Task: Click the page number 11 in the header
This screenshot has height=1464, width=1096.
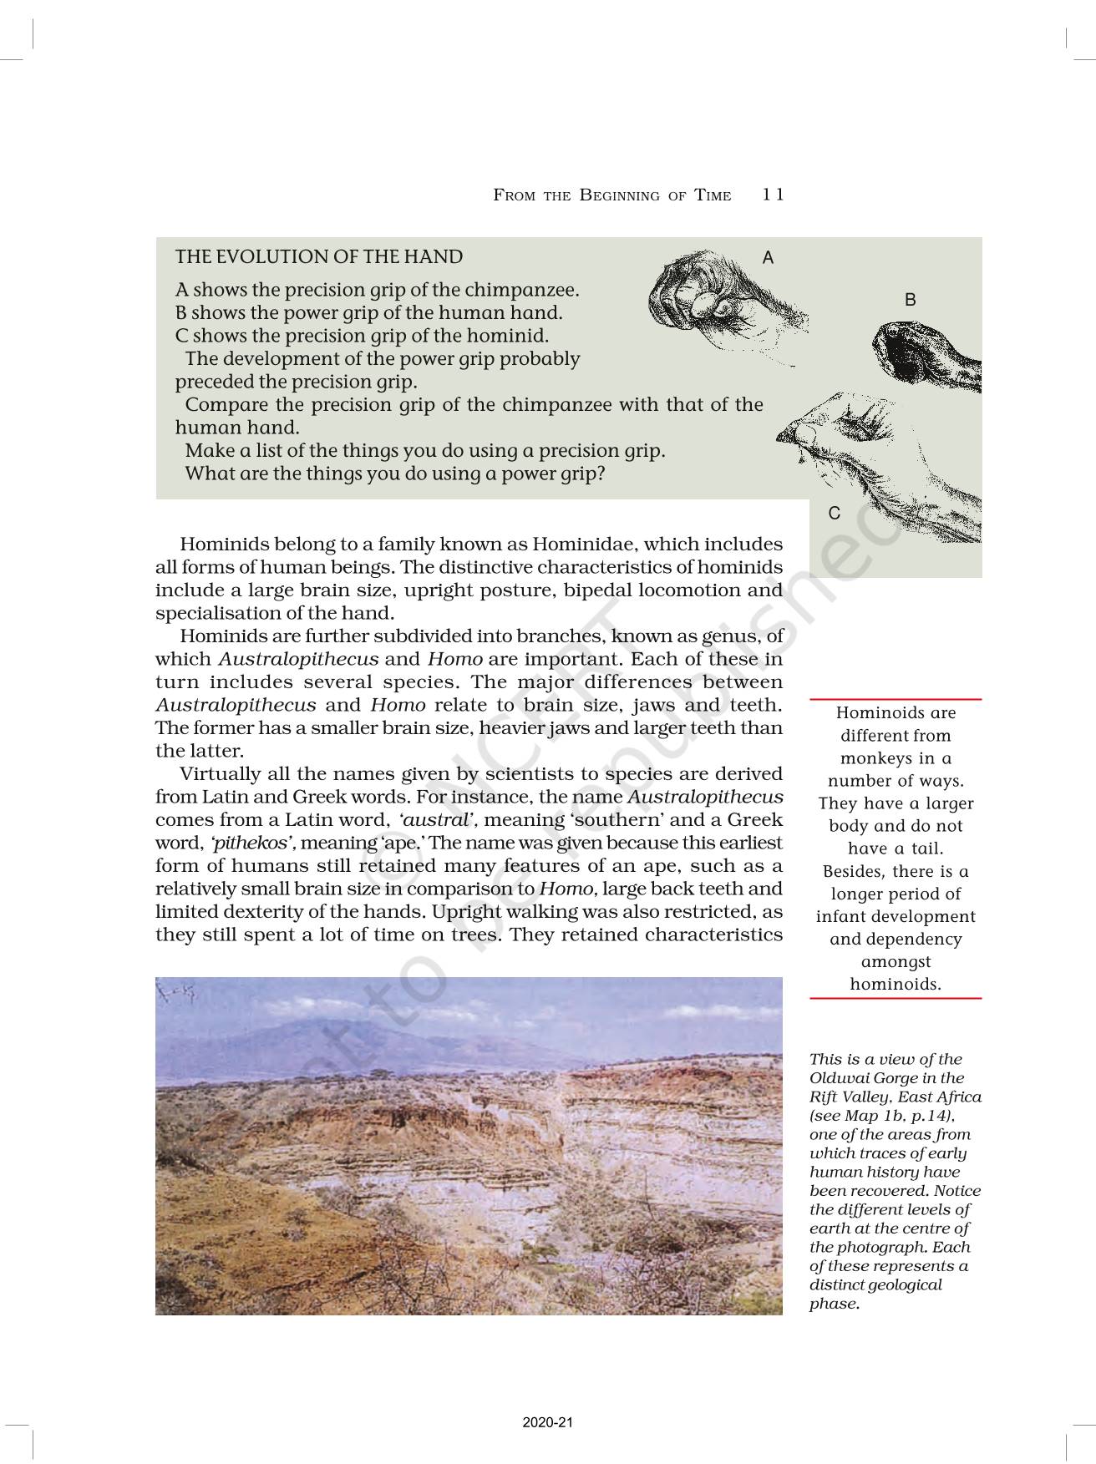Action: [773, 195]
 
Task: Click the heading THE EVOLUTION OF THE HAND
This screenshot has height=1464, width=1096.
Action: [318, 257]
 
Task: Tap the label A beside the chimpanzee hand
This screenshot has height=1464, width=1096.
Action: [768, 258]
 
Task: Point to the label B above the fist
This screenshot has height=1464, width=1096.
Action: [910, 300]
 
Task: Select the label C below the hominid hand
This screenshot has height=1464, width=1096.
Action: [834, 513]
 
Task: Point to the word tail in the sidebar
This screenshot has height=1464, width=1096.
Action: [926, 849]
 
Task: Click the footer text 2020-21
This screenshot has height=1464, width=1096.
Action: [548, 1422]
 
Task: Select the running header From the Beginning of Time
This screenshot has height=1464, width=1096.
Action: [611, 195]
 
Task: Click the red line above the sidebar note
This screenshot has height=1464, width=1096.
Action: [896, 699]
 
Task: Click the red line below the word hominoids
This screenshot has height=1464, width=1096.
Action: [896, 998]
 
